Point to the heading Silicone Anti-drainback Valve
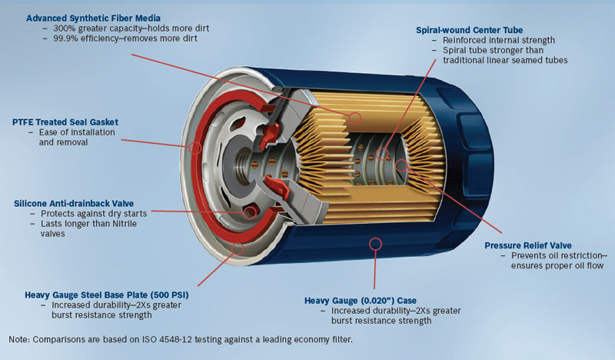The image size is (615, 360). pyautogui.click(x=74, y=203)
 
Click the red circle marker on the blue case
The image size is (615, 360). pyautogui.click(x=375, y=245)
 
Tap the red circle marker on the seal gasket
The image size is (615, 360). pyautogui.click(x=195, y=146)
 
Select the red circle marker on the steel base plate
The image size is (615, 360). pyautogui.click(x=237, y=248)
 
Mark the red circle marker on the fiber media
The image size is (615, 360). pyautogui.click(x=354, y=118)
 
